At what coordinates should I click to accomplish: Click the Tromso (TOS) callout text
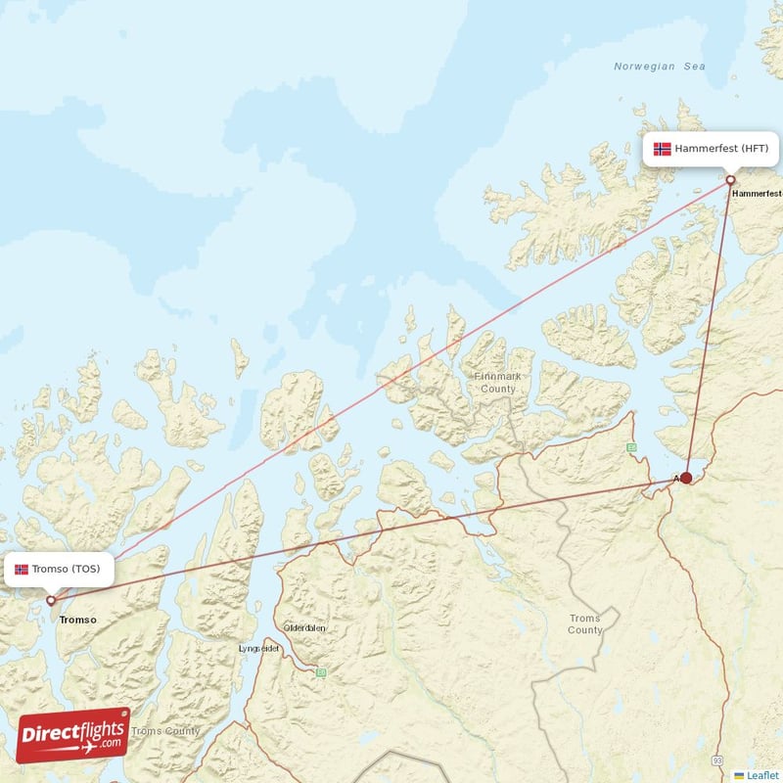66,569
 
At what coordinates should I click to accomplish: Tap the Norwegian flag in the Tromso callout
22,569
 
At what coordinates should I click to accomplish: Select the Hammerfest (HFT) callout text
721,149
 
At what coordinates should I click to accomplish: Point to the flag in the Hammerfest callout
663,149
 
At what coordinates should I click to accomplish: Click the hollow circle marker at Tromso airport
51,600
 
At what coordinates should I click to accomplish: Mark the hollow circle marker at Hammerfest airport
730,180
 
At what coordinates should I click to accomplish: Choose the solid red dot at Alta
686,478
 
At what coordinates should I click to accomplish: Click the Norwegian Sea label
659,67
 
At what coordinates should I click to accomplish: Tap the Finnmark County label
498,382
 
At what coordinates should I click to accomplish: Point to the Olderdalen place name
304,627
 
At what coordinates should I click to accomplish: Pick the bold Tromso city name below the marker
78,620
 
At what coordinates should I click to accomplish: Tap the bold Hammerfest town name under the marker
757,194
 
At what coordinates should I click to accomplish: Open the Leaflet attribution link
762,775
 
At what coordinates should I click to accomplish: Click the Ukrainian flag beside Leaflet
739,775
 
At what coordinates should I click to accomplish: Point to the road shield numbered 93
717,760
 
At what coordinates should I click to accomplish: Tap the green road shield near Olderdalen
320,672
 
